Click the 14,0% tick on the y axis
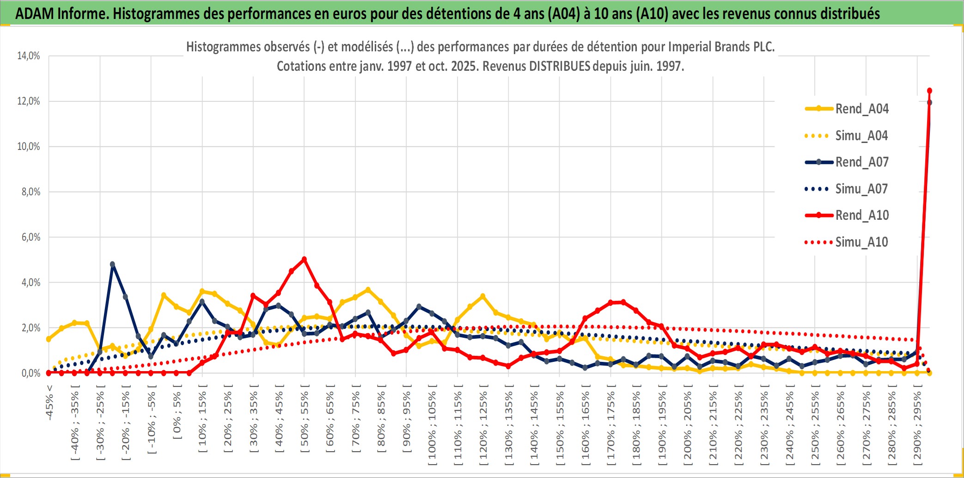pyautogui.click(x=29, y=56)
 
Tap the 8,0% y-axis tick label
pyautogui.click(x=31, y=192)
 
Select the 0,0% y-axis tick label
pyautogui.click(x=31, y=373)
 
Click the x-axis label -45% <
pyautogui.click(x=49, y=403)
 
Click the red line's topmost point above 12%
pyautogui.click(x=929, y=91)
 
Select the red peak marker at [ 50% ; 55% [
pyautogui.click(x=304, y=259)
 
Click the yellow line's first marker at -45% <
pyautogui.click(x=49, y=339)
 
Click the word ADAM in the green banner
pyautogui.click(x=34, y=13)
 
